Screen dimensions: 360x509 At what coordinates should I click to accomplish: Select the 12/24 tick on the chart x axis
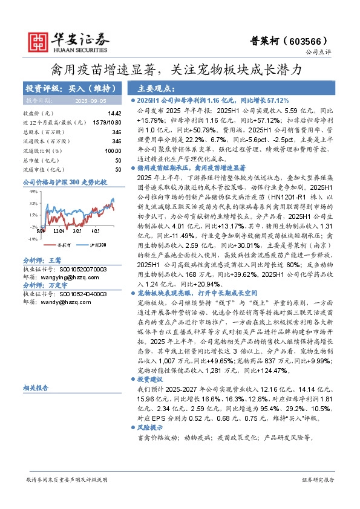click(x=59, y=230)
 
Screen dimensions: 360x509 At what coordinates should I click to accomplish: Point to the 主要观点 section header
click(x=147, y=87)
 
